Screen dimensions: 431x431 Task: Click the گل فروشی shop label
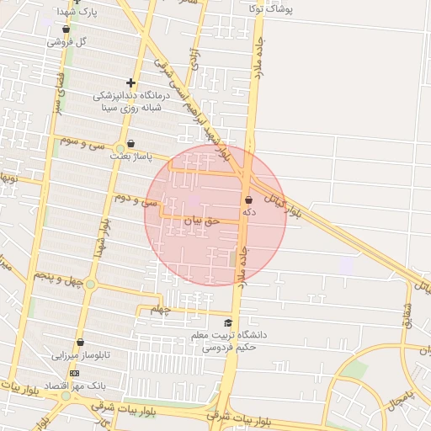pyautogui.click(x=69, y=41)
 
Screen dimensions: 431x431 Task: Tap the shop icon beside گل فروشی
pyautogui.click(x=67, y=29)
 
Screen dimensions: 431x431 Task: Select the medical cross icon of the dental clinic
pyautogui.click(x=130, y=82)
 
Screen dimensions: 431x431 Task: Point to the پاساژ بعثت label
pyautogui.click(x=130, y=156)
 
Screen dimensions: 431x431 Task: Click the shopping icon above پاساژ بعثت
pyautogui.click(x=130, y=144)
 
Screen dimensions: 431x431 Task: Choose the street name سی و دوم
pyautogui.click(x=137, y=200)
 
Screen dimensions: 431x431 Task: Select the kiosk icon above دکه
pyautogui.click(x=248, y=200)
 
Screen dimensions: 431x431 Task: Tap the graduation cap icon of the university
pyautogui.click(x=227, y=323)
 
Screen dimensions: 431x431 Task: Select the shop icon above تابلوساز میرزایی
pyautogui.click(x=80, y=343)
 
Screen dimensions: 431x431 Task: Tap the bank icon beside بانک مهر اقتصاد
pyautogui.click(x=74, y=373)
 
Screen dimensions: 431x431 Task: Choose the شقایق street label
pyautogui.click(x=407, y=315)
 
